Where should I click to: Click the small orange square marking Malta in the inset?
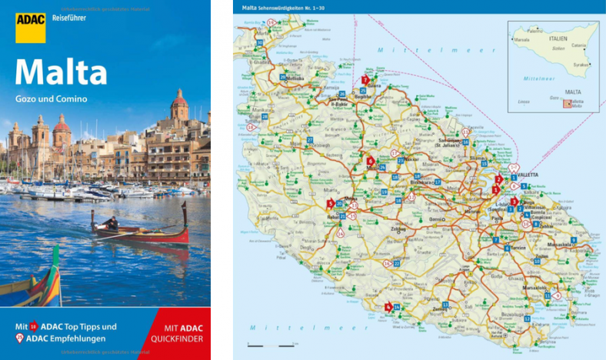point(567,103)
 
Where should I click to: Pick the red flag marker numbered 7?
point(365,80)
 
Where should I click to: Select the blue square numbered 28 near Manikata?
point(265,116)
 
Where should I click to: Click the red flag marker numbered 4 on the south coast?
point(388,307)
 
